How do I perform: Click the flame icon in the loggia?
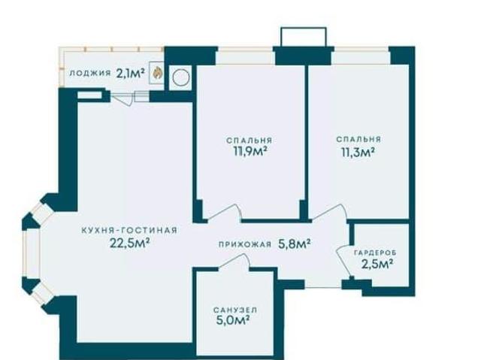coord(157,73)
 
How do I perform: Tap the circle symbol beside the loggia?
coord(180,78)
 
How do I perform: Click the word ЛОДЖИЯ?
coord(90,73)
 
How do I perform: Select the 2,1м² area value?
coord(130,74)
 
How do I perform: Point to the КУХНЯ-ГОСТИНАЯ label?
coord(129,230)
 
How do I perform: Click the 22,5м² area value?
coord(130,243)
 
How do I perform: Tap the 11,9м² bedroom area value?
coord(249,151)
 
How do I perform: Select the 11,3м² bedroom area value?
coord(358,152)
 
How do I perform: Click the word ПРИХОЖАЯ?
coord(245,244)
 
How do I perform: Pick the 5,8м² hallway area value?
coord(294,244)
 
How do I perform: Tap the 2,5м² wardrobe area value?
coord(377,264)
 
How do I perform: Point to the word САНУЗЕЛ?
coord(235,310)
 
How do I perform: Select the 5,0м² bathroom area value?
coord(232,321)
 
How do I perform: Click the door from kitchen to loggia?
coord(123,98)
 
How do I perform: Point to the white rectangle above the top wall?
coord(304,37)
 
